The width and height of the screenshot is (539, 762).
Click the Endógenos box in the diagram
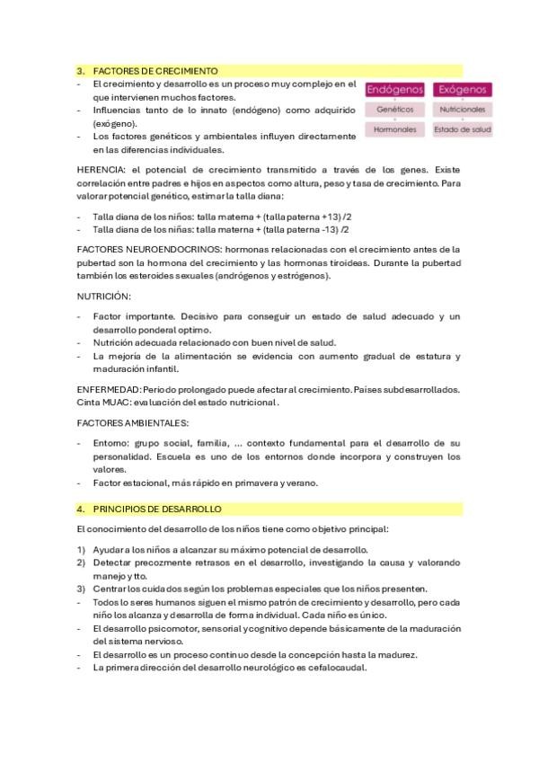point(395,90)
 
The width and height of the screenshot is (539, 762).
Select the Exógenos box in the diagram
point(462,90)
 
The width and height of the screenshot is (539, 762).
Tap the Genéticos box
point(395,110)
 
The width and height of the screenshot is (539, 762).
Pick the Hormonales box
point(395,129)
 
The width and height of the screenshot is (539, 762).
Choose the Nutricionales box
point(462,110)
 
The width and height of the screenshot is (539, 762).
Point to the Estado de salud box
point(462,129)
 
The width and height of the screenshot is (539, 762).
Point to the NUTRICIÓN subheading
point(104,296)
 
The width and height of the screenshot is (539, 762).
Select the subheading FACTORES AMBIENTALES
point(132,421)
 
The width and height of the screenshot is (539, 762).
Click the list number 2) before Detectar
point(81,563)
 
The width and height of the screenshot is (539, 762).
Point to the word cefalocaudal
point(337,668)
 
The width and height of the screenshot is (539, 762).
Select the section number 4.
point(81,509)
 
